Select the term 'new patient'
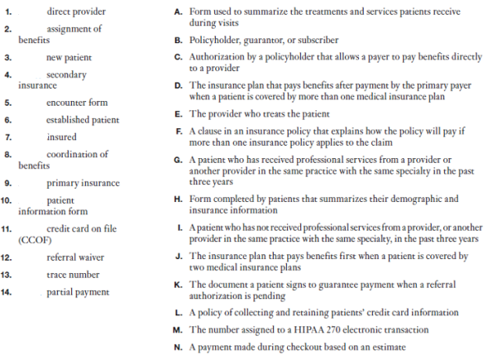coord(69,58)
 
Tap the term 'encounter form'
coord(77,103)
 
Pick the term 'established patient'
coord(83,120)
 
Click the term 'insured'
coord(61,137)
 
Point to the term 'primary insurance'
coord(83,183)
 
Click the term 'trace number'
coord(73,274)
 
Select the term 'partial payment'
coord(79,291)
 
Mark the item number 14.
coord(8,291)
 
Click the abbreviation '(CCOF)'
coord(31,240)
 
